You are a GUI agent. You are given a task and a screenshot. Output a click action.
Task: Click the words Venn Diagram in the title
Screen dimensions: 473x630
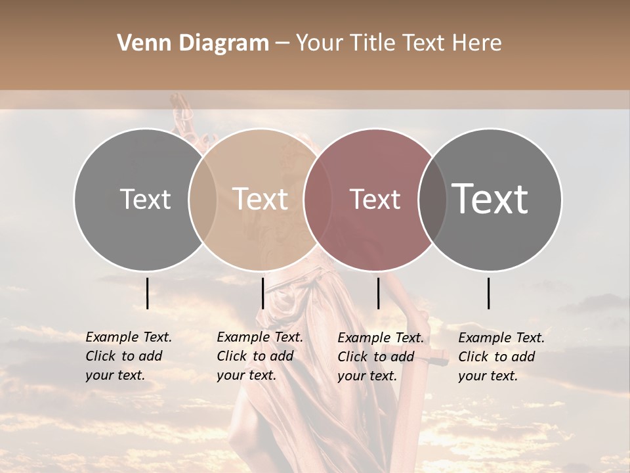coord(193,43)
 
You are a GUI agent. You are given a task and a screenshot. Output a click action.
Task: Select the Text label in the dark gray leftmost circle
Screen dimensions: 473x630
coord(145,199)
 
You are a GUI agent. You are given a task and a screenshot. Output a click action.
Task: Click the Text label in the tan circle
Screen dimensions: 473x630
coord(261,199)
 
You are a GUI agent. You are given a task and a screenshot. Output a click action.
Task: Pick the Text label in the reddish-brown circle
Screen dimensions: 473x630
coord(375,199)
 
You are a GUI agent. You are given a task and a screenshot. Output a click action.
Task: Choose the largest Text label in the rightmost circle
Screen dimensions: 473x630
coord(490,199)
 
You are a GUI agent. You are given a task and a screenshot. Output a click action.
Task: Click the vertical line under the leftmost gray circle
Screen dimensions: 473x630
coord(147,293)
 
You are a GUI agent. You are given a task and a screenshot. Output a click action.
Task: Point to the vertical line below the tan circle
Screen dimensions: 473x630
coord(262,293)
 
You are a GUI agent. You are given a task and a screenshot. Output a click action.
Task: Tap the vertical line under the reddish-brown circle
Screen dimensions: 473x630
coord(378,293)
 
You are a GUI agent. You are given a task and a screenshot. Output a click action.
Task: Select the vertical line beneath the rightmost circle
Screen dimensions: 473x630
coord(489,293)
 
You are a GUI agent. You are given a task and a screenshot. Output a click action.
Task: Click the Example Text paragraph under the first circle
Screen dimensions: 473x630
coord(129,356)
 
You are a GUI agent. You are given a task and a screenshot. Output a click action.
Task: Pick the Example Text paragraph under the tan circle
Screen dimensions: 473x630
coord(260,356)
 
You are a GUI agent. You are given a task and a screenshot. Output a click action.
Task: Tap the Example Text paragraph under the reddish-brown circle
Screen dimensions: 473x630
coord(381,357)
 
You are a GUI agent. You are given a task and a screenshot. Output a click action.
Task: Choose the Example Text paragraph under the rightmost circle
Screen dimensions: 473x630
coord(501,357)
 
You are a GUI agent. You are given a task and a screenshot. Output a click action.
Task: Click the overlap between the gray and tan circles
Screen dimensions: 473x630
coord(203,199)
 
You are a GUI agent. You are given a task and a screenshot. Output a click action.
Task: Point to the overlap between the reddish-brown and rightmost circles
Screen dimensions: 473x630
coord(432,199)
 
